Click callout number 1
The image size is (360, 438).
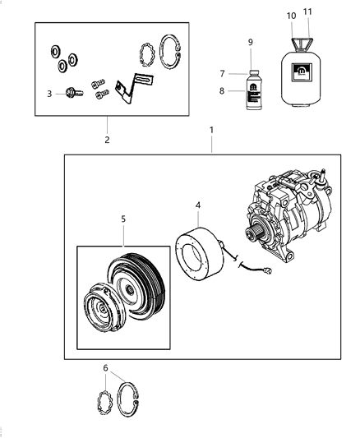coord(211,130)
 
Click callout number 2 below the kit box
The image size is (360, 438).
coord(107,140)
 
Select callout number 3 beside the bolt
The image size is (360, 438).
coord(48,94)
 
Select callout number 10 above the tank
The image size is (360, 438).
coord(291,16)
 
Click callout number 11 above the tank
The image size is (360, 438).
coord(307,12)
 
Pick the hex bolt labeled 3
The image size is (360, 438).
coord(70,95)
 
